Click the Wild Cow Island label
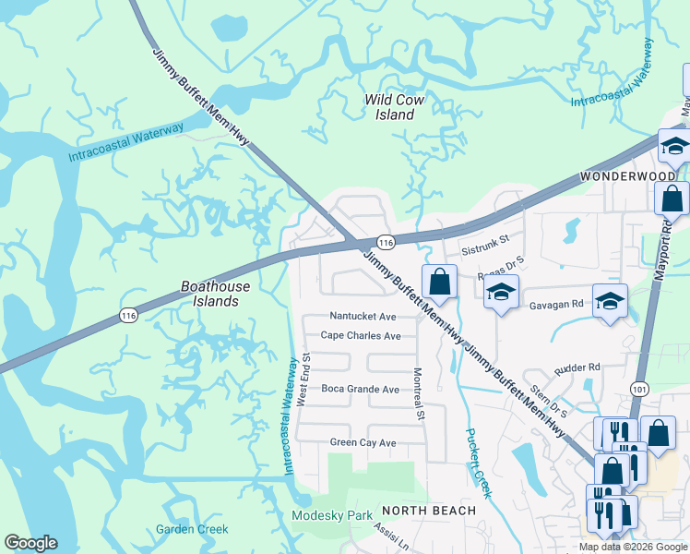(x=388, y=107)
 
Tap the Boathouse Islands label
(x=215, y=294)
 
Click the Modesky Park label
(x=329, y=515)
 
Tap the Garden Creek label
(x=192, y=529)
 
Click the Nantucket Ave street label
(x=363, y=316)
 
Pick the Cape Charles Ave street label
(x=361, y=336)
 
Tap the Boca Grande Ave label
(x=360, y=390)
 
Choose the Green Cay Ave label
(x=363, y=443)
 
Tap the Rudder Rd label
(x=577, y=367)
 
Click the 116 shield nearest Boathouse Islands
(x=128, y=316)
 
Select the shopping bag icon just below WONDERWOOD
(x=672, y=198)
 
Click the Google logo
(x=30, y=543)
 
